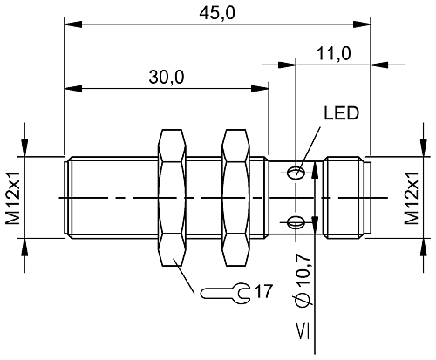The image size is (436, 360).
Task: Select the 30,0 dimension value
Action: tap(166, 77)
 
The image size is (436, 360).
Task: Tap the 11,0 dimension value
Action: tap(333, 53)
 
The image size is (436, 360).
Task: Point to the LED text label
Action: tap(341, 113)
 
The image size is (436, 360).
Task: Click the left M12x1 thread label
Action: tap(13, 197)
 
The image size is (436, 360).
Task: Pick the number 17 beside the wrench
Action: tap(264, 291)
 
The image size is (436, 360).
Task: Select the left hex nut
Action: tap(173, 197)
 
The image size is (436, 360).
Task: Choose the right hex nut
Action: tap(235, 197)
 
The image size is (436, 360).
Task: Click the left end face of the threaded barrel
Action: tap(65, 197)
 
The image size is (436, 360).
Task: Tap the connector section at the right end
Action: tap(347, 197)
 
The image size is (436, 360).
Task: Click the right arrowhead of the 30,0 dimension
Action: tap(262, 87)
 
